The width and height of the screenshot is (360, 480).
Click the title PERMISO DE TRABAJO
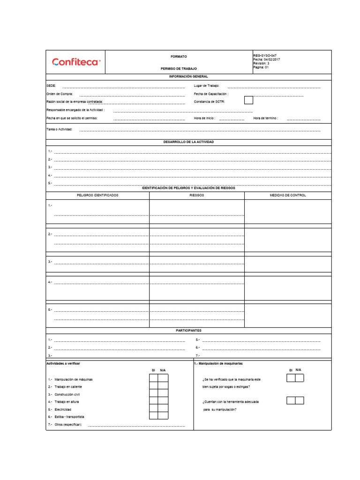[x=179, y=68]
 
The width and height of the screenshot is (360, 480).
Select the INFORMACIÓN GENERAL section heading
[x=188, y=76]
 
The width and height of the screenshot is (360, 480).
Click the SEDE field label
[x=51, y=86]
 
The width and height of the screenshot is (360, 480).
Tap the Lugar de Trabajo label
[x=207, y=86]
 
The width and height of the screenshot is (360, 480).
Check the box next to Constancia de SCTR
[x=248, y=100]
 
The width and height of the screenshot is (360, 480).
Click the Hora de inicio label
[x=205, y=118]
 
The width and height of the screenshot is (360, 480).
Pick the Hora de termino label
[x=266, y=118]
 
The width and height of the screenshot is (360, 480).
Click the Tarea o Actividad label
[x=60, y=129]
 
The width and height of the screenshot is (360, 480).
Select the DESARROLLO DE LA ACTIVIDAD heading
[x=188, y=142]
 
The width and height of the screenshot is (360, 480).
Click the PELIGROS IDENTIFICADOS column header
[x=97, y=195]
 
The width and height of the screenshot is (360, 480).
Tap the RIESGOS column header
[x=197, y=195]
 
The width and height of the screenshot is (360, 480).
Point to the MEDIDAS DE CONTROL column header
[x=288, y=195]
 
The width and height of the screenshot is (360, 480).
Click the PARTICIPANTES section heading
[x=188, y=330]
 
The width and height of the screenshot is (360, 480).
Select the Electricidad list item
[x=63, y=409]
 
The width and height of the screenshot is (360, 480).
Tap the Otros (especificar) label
[x=68, y=424]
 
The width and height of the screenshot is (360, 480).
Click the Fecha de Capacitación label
[x=211, y=94]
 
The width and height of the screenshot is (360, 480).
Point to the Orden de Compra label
[x=60, y=94]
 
